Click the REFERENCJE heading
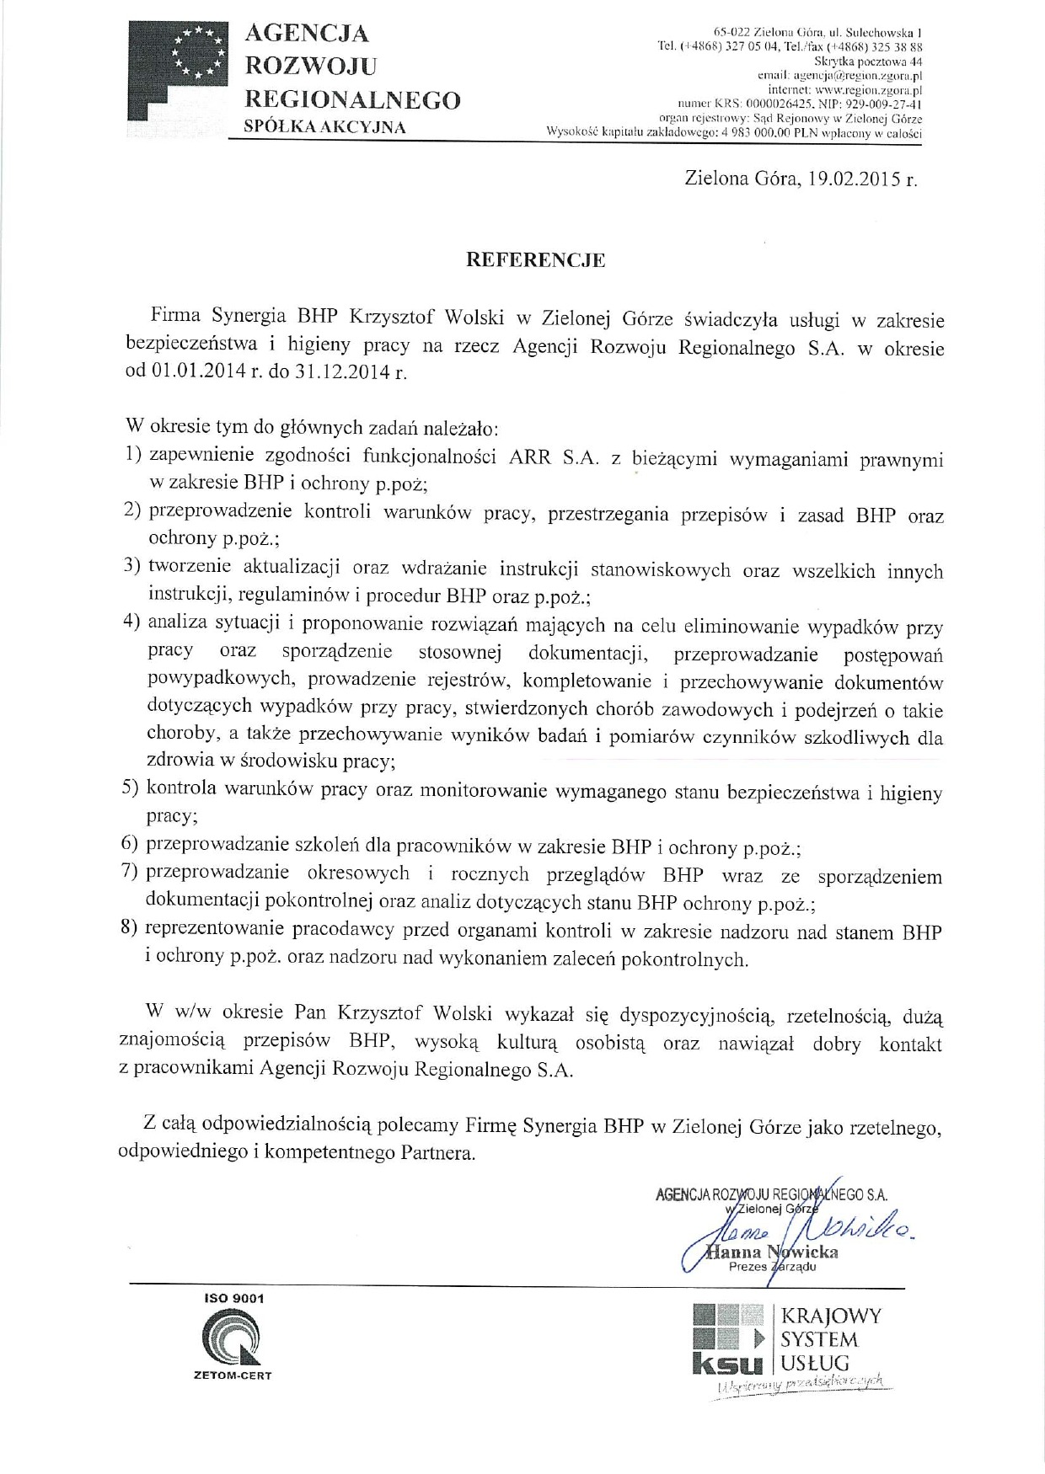(536, 260)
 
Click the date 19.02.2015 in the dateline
(854, 179)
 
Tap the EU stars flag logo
(199, 53)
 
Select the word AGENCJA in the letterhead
(306, 33)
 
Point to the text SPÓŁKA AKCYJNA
(324, 127)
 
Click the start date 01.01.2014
(198, 371)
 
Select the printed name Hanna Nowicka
(773, 1252)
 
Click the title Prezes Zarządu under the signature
(772, 1267)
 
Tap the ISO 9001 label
(233, 1298)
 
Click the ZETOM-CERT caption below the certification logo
(233, 1375)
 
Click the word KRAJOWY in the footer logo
(831, 1316)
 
